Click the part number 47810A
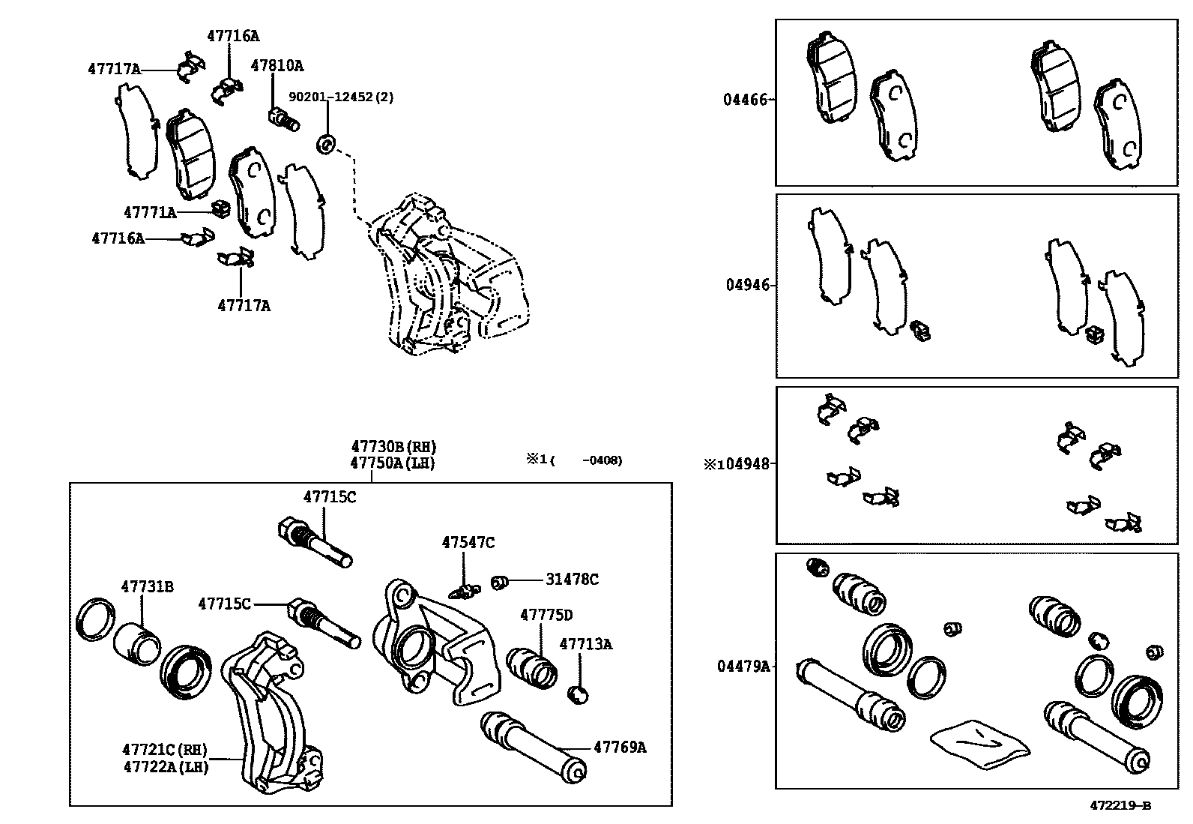pos(277,66)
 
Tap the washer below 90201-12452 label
pos(327,142)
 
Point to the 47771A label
pos(150,213)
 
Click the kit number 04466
pos(745,99)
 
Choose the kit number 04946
pos(747,285)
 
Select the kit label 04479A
pos(743,666)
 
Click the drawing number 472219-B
pos(1120,806)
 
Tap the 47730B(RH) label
pos(393,448)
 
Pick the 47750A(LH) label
pos(392,463)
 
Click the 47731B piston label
pos(147,586)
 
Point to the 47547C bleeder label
pos(468,542)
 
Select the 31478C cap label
pos(572,580)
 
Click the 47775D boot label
pos(546,615)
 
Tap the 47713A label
pos(585,643)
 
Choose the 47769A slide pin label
pos(619,747)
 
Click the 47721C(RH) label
pos(164,750)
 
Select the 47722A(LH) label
pos(164,766)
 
